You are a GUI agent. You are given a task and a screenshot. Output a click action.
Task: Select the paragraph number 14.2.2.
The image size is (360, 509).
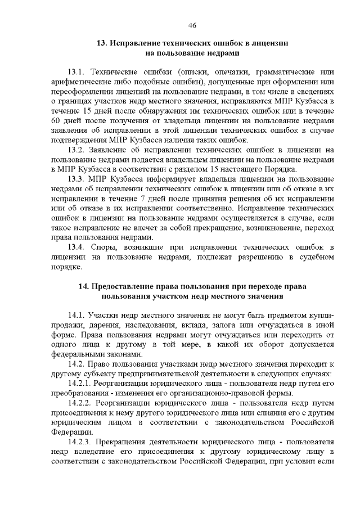pyautogui.click(x=78, y=403)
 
